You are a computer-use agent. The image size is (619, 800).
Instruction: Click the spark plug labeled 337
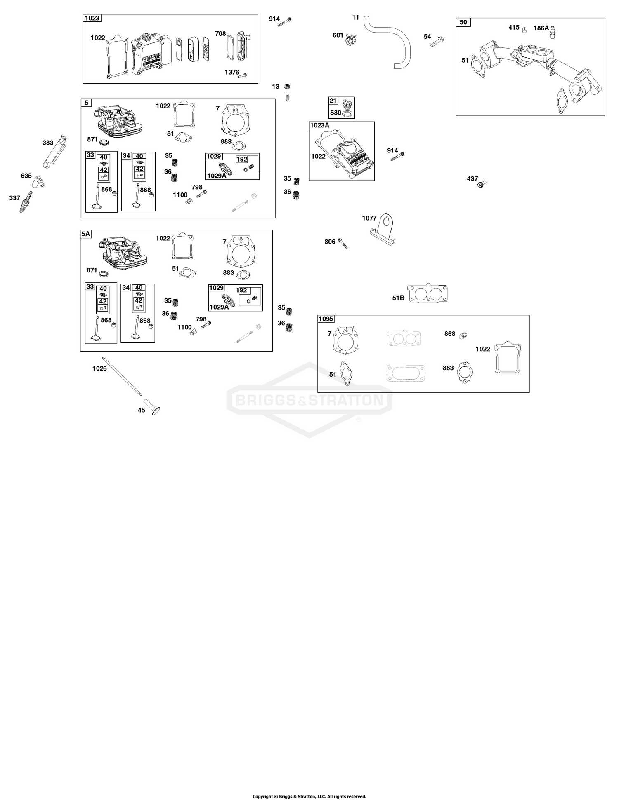coord(26,202)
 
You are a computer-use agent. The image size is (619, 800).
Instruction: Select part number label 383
coord(48,143)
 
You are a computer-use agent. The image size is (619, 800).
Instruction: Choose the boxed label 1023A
coord(319,125)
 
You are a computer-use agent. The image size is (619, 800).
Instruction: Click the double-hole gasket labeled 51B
coord(428,293)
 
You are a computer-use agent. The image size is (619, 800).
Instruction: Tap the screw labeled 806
coord(343,243)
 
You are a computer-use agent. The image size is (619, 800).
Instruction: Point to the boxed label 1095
coord(326,319)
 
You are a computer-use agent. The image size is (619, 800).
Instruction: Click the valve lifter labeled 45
coord(152,406)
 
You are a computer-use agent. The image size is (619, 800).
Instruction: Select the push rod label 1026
coord(99,368)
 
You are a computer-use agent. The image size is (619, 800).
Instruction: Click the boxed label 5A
coord(85,234)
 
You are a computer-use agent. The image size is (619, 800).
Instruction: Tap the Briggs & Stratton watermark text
coord(309,400)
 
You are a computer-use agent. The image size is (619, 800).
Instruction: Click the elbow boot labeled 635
coord(40,180)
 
